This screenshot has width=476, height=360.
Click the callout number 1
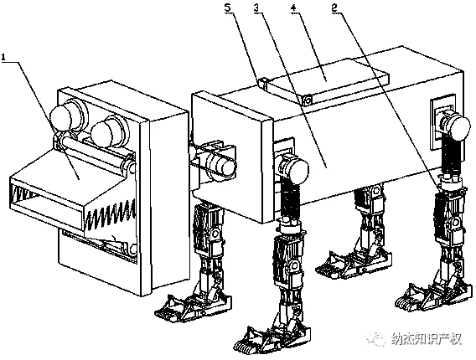(x=3, y=57)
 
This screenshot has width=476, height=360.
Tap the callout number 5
(x=228, y=8)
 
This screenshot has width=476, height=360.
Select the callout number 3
(x=257, y=8)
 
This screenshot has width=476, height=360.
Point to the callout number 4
(x=293, y=8)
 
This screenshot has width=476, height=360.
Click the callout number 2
(x=334, y=8)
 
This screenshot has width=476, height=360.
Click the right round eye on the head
(x=109, y=131)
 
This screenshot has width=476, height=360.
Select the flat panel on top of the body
(x=327, y=80)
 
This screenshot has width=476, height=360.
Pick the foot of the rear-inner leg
(x=354, y=263)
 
